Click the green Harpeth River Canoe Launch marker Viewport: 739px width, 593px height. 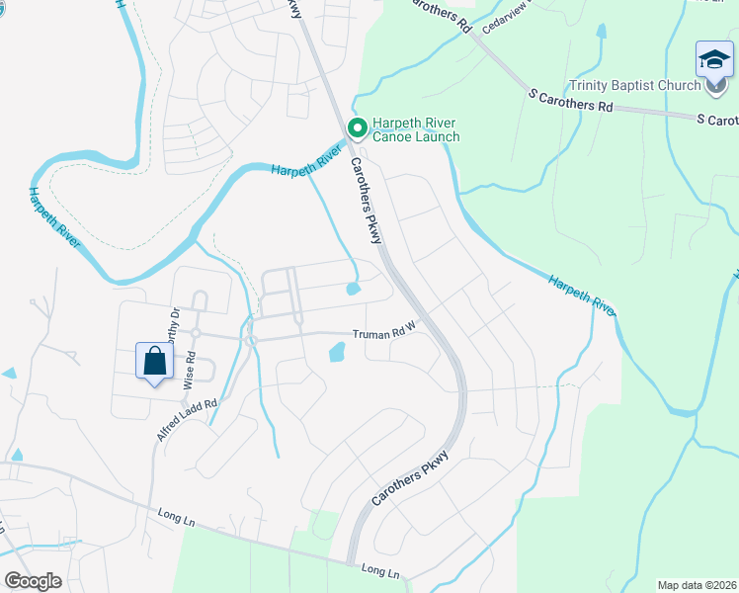click(357, 127)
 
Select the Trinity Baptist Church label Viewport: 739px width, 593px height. click(634, 86)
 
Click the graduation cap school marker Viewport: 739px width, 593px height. click(714, 61)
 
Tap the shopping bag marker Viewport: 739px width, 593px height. click(155, 361)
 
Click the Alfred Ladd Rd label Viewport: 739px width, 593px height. click(186, 420)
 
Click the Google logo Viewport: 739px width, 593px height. click(34, 580)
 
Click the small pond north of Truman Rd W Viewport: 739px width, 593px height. click(353, 290)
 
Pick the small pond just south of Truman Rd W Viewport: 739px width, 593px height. click(336, 351)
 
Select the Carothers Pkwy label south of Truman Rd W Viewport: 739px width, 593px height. click(410, 479)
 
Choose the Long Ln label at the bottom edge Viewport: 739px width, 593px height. click(380, 571)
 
